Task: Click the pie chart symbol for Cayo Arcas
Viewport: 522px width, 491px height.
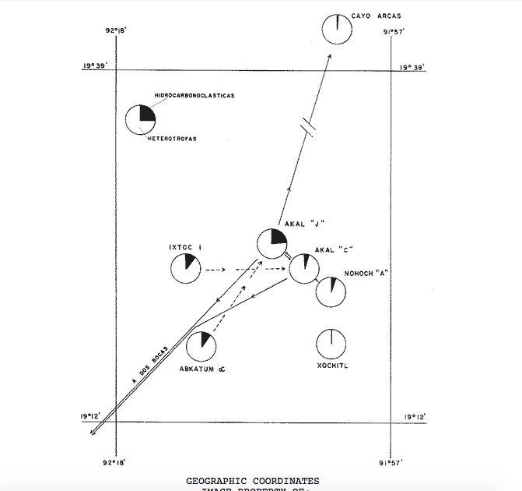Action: (337, 28)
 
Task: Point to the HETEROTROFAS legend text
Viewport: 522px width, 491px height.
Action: (171, 139)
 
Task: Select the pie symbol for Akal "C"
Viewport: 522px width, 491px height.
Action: (304, 268)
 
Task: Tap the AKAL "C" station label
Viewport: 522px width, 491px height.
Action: (335, 250)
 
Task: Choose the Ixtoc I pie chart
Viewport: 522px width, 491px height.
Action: (185, 269)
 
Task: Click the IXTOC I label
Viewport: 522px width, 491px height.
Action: (185, 248)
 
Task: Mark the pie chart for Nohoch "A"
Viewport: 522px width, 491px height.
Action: (331, 291)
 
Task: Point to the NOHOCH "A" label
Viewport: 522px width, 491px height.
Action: (366, 274)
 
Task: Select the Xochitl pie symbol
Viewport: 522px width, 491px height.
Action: (331, 344)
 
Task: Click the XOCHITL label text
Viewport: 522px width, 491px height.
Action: (333, 365)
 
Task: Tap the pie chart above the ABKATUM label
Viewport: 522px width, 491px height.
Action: (201, 346)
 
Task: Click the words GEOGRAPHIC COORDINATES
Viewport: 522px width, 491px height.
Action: (252, 481)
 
